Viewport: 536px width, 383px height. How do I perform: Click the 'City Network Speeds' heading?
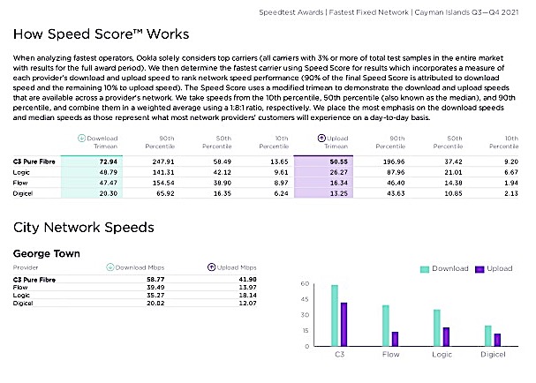pos(84,228)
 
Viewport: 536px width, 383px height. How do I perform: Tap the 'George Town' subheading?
pos(47,254)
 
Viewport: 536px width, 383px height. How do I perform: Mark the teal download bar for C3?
pos(335,315)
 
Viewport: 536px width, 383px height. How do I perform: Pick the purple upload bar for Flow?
pos(396,339)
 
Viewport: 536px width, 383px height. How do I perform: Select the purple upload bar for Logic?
pos(447,336)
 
